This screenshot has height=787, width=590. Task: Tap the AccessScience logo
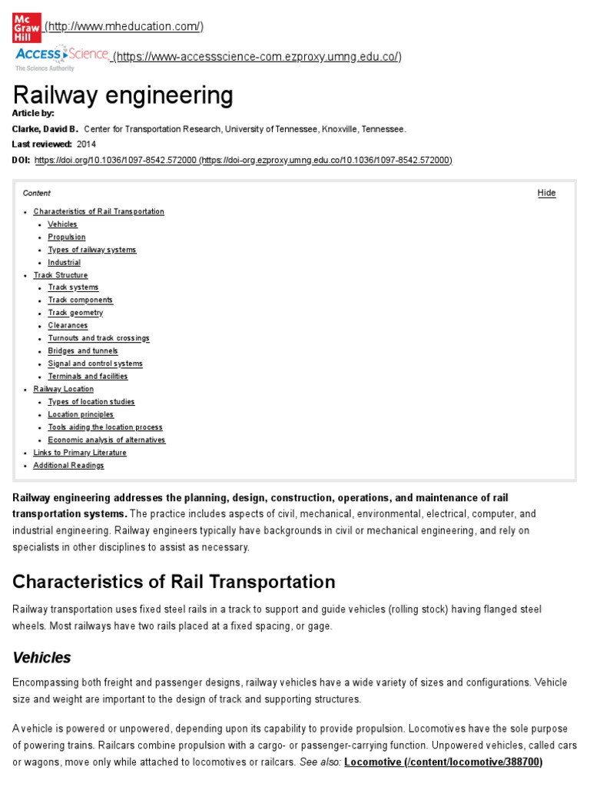[x=62, y=56]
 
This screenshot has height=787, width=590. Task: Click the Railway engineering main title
[x=123, y=96]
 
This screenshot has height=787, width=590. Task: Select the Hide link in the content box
[x=546, y=193]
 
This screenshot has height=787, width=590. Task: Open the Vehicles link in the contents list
[x=62, y=224]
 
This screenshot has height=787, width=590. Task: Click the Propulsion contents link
[x=67, y=237]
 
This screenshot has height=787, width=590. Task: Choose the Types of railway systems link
[x=91, y=250]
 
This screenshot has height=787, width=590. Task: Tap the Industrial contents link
[x=64, y=263]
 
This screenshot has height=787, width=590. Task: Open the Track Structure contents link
[x=61, y=275]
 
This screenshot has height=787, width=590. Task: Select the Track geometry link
[x=75, y=313]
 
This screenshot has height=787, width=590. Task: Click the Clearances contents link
[x=68, y=326]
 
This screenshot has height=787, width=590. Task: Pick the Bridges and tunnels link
[x=83, y=351]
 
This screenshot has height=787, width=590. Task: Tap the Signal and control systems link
[x=95, y=364]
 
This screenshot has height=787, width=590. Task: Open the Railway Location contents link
[x=64, y=389]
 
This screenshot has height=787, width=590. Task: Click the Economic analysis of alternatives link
[x=106, y=440]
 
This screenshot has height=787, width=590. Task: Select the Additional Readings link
[x=68, y=466]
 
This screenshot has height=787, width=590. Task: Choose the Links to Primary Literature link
[x=80, y=453]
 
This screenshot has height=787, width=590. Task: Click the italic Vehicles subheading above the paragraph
[x=42, y=658]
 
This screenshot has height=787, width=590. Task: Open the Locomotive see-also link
[x=443, y=762]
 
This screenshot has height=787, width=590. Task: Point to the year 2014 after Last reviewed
[x=87, y=144]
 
